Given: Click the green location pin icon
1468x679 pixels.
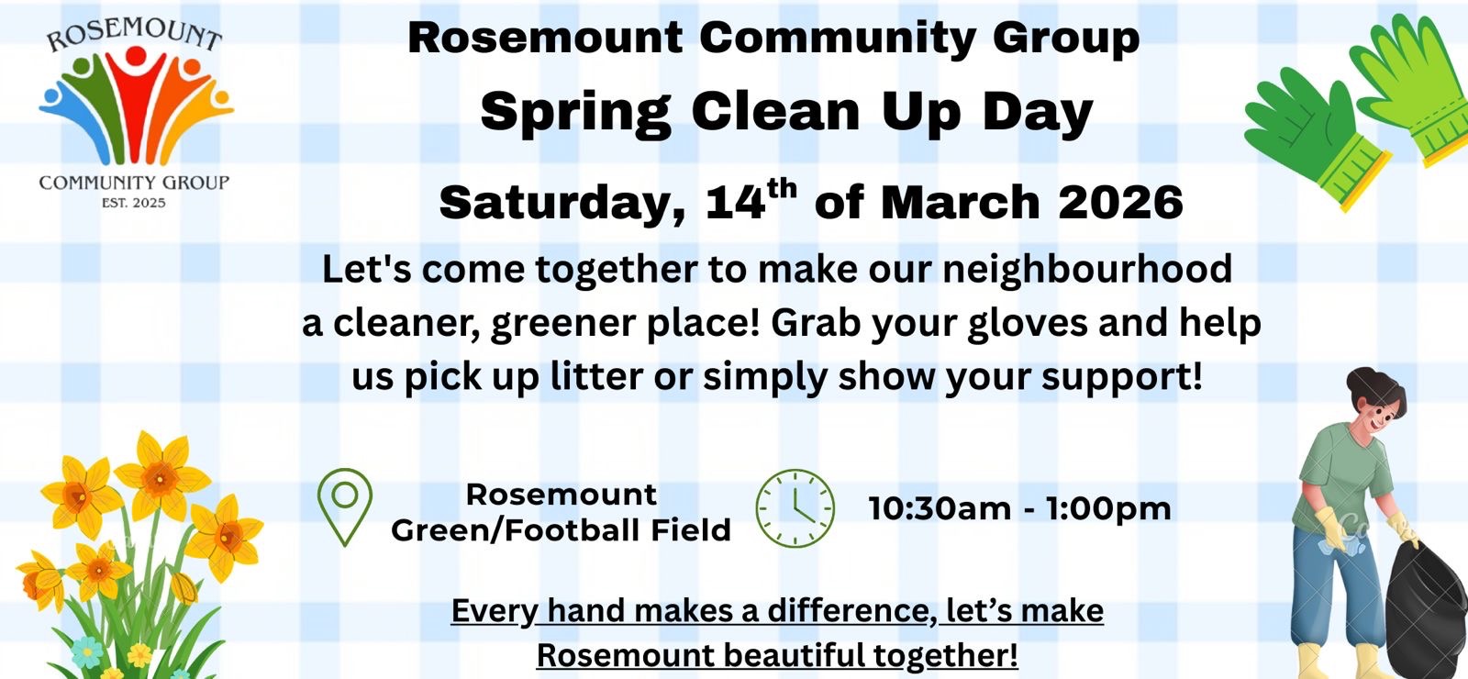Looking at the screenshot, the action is click(345, 482).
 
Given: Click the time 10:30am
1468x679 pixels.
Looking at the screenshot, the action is click(940, 509).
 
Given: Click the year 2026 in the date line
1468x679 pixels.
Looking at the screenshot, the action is click(1120, 203).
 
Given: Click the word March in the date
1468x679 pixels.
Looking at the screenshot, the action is click(960, 203).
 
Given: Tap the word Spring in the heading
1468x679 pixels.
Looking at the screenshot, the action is click(576, 114).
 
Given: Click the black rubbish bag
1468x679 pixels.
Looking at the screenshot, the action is click(1427, 607).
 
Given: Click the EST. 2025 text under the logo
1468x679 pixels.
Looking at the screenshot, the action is click(134, 203).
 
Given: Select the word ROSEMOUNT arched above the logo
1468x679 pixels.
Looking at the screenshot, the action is click(134, 34).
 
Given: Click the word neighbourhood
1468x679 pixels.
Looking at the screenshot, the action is click(1087, 270).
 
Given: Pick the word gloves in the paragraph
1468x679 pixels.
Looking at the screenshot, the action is click(1027, 324).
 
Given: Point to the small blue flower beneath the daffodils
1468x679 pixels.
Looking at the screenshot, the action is click(86, 652).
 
